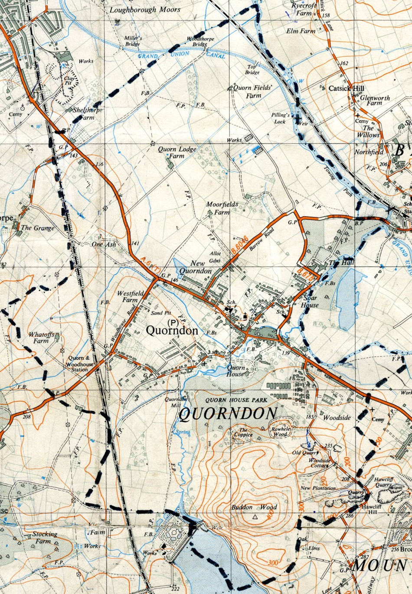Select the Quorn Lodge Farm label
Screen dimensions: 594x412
[x=170, y=152]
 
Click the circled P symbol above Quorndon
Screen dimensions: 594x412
[x=173, y=322]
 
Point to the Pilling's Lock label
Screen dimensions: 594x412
[x=281, y=118]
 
